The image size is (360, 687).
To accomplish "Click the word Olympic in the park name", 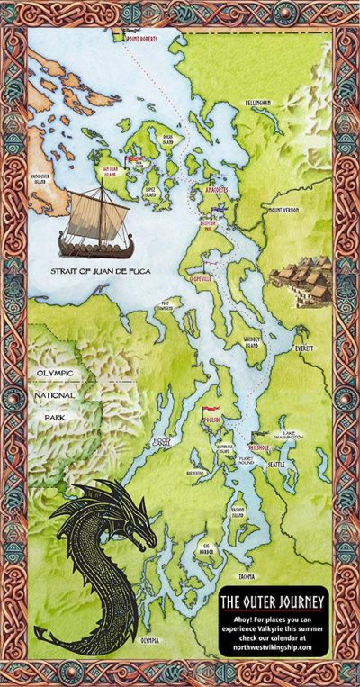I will (53, 375).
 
